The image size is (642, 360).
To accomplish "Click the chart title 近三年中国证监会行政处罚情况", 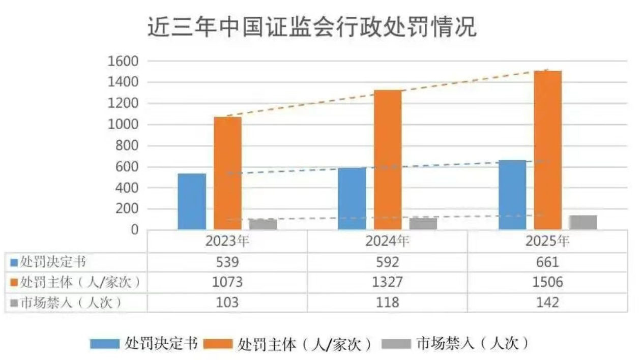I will (x=312, y=27).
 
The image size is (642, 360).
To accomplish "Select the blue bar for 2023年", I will (x=192, y=202).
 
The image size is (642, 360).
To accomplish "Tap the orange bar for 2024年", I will (x=388, y=160).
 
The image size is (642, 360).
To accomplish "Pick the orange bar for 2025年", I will (x=548, y=151).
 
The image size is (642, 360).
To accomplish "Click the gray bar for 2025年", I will (x=583, y=223).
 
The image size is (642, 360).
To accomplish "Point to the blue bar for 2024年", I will (x=352, y=199).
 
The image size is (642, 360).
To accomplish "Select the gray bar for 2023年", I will (x=262, y=224).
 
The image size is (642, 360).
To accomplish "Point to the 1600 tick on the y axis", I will (x=124, y=62).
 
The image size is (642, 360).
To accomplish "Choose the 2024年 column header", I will (x=387, y=241).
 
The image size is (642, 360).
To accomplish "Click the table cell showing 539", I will (x=227, y=262).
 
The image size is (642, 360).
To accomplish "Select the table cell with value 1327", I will (x=387, y=282).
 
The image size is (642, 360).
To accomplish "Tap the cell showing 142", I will (x=547, y=303).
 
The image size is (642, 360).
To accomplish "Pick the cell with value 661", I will (x=547, y=262).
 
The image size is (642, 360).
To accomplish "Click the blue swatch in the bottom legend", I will (x=105, y=344).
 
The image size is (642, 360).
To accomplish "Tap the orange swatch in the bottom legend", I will (x=218, y=344).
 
